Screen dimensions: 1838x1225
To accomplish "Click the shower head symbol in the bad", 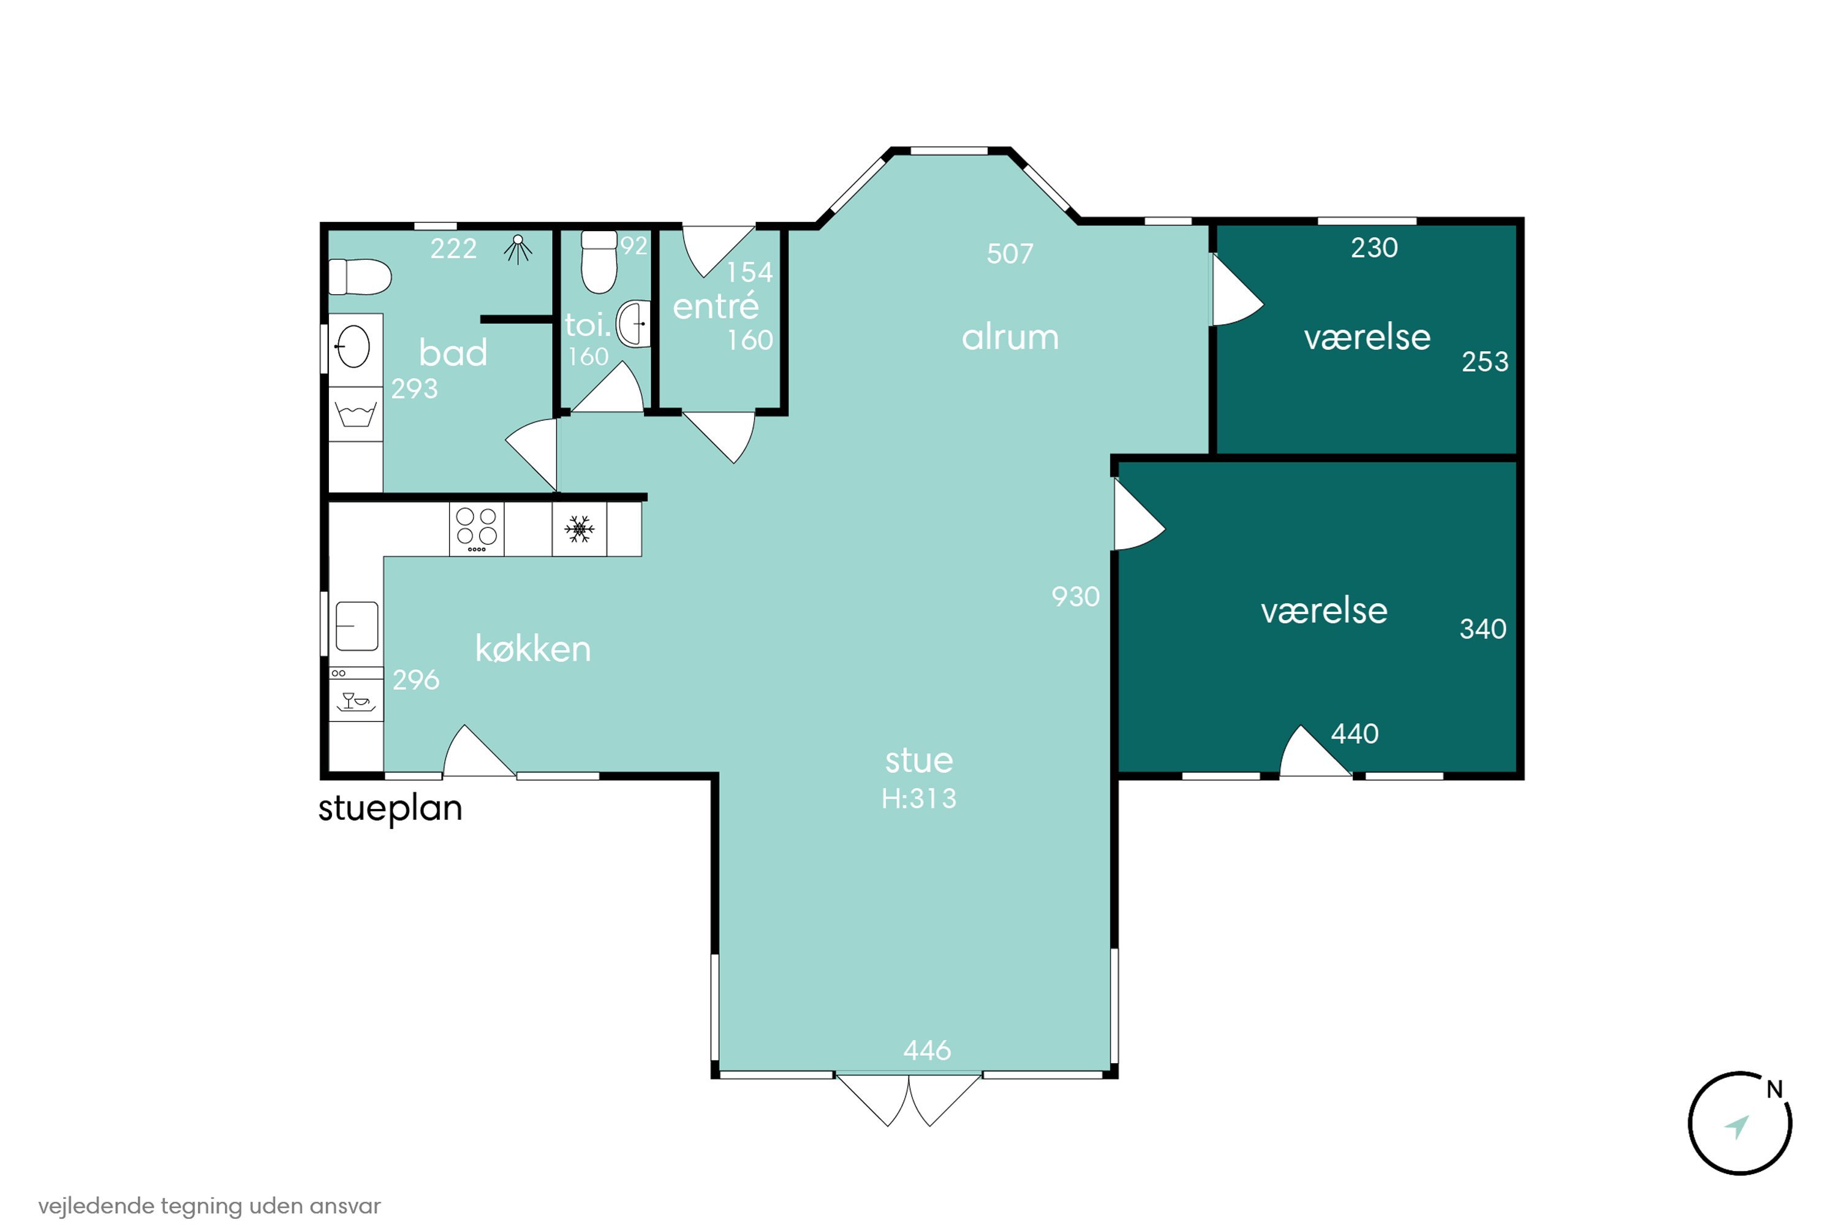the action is tap(517, 249).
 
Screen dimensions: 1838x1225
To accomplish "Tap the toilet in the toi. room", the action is tap(599, 262).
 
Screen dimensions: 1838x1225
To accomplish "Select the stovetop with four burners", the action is tap(477, 529).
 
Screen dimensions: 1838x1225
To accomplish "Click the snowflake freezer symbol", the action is tap(579, 529).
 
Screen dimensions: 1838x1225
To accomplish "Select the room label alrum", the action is tap(1010, 338).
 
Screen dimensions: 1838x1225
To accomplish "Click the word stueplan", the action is tap(390, 808).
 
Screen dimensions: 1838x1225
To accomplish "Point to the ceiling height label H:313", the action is tap(918, 798).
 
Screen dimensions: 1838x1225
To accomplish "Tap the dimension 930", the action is tap(1076, 597).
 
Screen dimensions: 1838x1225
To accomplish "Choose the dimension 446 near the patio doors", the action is tap(927, 1050).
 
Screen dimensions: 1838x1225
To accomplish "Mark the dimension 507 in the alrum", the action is tap(1010, 253).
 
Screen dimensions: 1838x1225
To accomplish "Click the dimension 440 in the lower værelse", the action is tap(1355, 734).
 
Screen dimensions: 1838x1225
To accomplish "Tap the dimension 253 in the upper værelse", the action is tap(1485, 362).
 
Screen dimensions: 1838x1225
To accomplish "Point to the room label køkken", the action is tap(533, 648).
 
